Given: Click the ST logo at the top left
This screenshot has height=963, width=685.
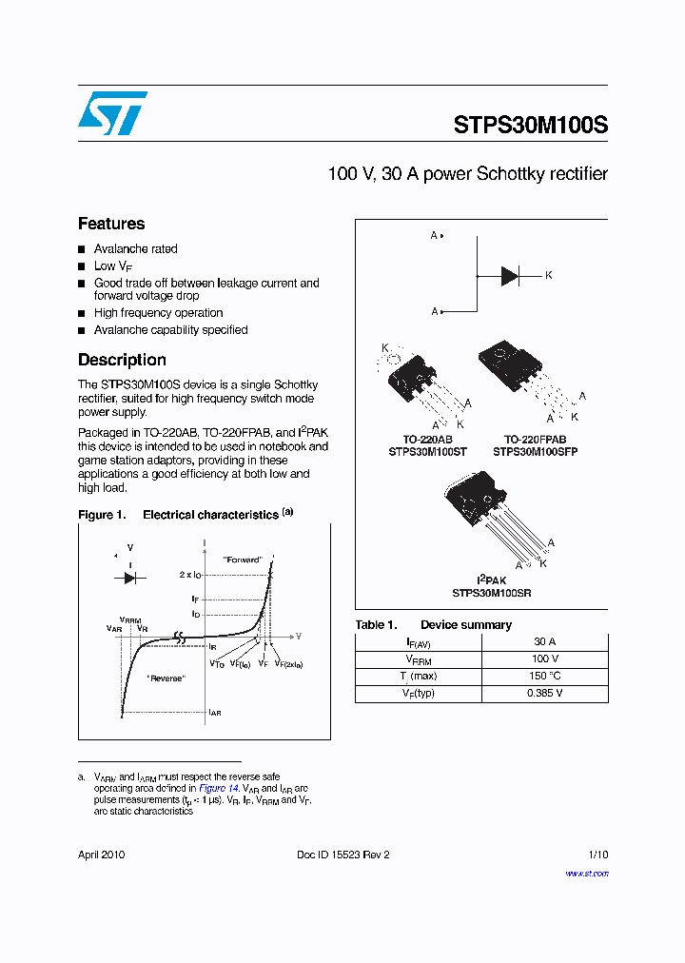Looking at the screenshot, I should point(112,113).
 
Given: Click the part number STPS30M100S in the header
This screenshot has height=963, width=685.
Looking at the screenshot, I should point(530,126).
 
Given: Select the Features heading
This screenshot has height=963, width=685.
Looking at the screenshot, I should point(111,224).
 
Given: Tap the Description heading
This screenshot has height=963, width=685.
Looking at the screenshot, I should point(122,360).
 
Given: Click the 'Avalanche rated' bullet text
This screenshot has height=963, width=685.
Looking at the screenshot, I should point(135,249).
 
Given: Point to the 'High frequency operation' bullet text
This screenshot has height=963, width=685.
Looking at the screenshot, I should point(158,313).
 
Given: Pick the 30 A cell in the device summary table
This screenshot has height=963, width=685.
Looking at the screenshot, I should point(545,641).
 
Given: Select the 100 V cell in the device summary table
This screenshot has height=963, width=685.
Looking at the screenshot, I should point(545,658).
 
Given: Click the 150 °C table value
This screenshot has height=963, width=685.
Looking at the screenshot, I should point(545,676).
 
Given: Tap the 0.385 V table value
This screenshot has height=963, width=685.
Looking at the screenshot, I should point(545,693).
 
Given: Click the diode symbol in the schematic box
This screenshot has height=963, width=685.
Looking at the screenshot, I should point(510,276).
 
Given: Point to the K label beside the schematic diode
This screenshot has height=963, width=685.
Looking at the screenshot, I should point(548,276).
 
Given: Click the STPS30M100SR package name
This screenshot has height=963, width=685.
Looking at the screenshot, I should point(491,592).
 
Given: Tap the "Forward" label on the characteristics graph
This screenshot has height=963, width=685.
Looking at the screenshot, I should point(242,560).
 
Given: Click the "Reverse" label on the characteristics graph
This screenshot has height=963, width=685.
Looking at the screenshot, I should point(166,678).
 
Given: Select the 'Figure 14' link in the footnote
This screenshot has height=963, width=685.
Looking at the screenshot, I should point(214,789).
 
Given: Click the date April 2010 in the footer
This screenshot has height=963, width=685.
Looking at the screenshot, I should point(101,855).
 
